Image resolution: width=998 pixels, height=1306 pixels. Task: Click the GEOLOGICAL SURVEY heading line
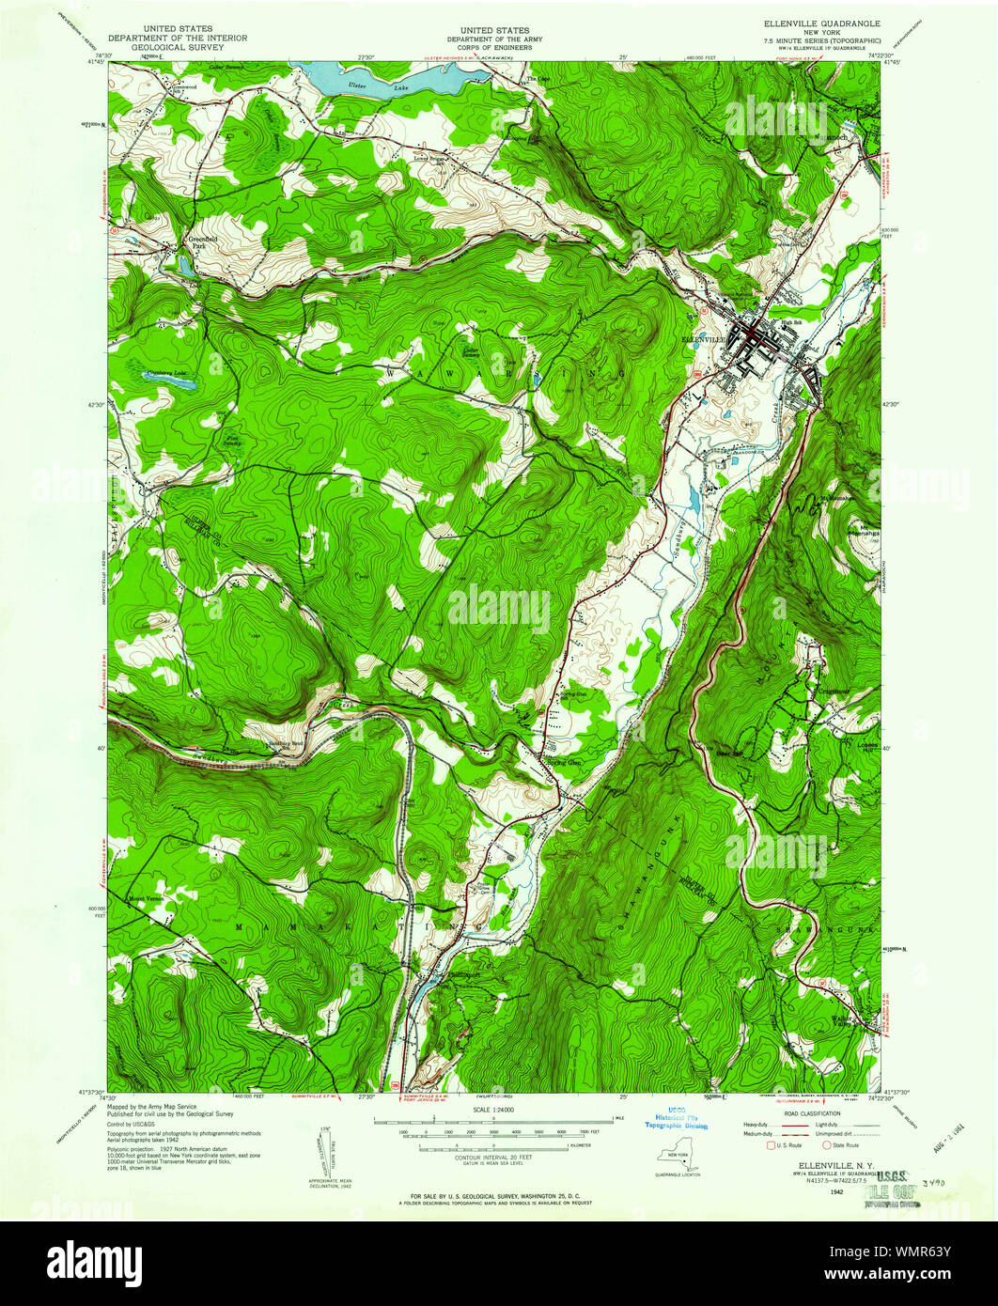click(178, 47)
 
